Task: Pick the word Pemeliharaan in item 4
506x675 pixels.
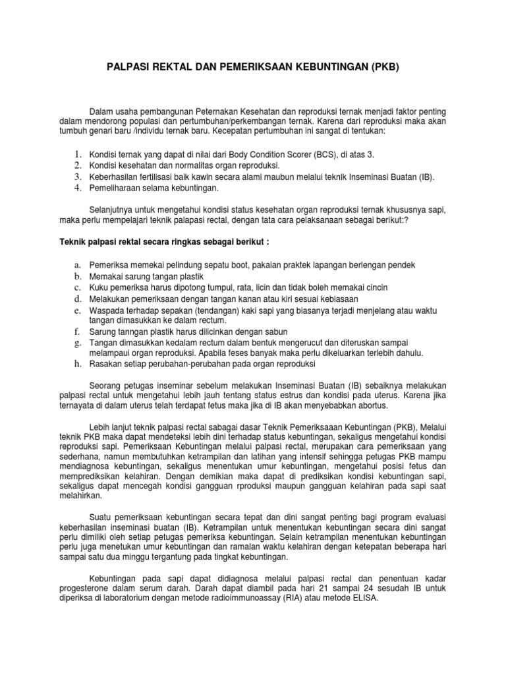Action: click(117, 189)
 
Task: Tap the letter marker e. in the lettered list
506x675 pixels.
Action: click(77, 310)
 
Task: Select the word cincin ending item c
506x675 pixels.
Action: click(375, 287)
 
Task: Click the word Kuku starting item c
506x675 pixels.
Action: click(99, 287)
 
